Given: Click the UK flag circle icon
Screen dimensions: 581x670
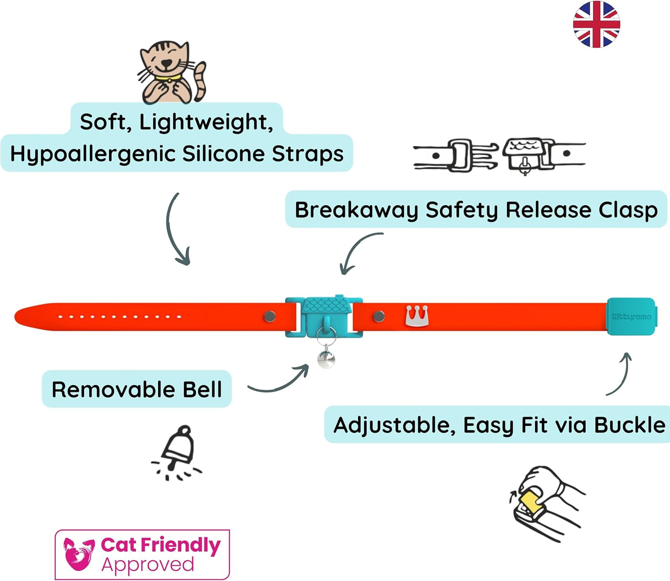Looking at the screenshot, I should tap(596, 24).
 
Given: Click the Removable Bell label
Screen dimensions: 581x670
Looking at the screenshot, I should tap(137, 389).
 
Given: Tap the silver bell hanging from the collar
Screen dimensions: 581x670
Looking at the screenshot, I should tap(326, 359).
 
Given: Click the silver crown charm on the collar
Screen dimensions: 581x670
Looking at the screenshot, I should tap(417, 316).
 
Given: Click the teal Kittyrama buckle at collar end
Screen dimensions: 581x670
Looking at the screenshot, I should tap(631, 316).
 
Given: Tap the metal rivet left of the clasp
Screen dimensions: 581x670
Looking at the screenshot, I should tap(269, 316).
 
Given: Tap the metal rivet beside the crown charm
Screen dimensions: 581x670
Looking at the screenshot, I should tap(379, 316).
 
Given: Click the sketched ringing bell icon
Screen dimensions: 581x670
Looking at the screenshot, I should tap(178, 452).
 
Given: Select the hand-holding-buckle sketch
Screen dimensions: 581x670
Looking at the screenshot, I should tap(545, 502).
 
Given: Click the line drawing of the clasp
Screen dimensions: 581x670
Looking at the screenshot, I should tap(499, 155).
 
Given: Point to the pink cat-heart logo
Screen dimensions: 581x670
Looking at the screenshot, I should tap(79, 554).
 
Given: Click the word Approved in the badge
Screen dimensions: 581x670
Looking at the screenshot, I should tap(147, 565).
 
